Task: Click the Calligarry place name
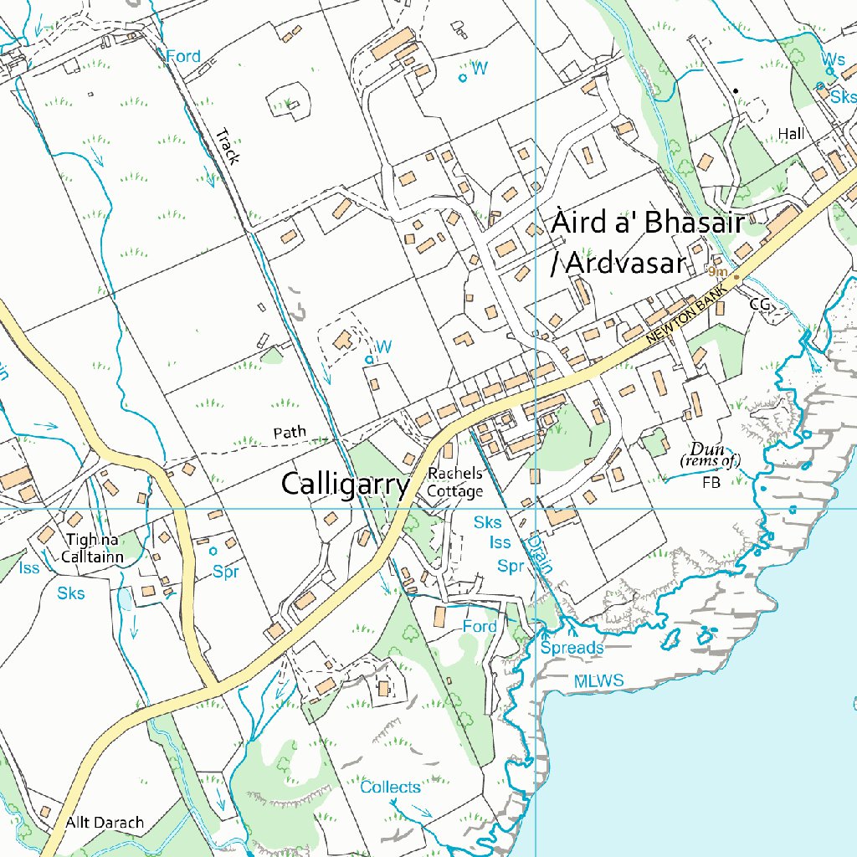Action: [x=346, y=485]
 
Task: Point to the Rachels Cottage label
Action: [x=454, y=483]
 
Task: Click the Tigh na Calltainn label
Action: [x=93, y=548]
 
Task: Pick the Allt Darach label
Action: [x=105, y=823]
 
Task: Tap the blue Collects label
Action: [x=390, y=788]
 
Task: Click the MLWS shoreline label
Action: [x=598, y=681]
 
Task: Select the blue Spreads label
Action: [x=572, y=649]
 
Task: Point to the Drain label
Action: [x=540, y=554]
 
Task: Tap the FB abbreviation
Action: [x=711, y=483]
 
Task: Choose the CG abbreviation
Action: [x=759, y=305]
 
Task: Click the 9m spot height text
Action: [x=716, y=272]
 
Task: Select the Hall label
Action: [x=790, y=134]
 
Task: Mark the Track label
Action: [x=227, y=146]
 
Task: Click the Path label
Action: [x=290, y=433]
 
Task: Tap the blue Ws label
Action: [x=833, y=59]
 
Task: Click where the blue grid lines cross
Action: [x=536, y=508]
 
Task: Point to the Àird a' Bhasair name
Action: [x=647, y=224]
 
